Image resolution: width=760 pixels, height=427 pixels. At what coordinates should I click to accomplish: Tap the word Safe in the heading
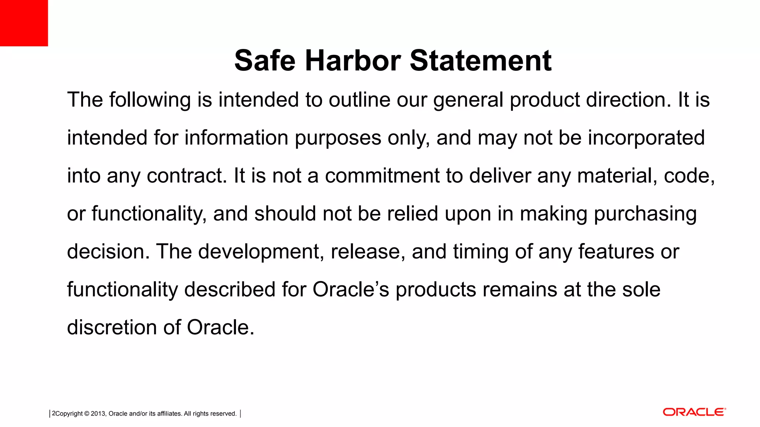coord(265,60)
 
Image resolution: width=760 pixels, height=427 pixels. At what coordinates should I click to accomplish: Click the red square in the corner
coord(24,23)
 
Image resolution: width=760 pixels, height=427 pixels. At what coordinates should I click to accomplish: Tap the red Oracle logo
coord(694,412)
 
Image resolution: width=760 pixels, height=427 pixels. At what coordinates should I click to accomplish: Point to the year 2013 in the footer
coord(98,414)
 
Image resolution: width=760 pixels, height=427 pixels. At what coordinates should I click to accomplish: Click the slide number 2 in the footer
coord(53,413)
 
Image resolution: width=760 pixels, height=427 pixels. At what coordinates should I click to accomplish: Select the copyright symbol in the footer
coord(87,414)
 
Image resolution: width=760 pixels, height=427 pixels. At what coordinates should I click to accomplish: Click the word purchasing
coord(645,214)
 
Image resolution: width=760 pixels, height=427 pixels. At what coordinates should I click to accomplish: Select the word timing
coord(480,252)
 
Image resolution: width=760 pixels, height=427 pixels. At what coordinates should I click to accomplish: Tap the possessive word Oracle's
coord(351,289)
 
